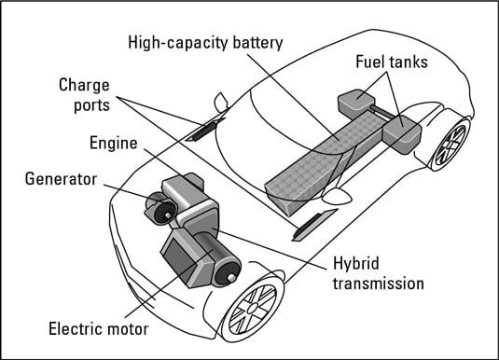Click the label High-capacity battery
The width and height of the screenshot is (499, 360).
click(205, 43)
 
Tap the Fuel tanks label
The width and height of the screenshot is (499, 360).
click(392, 62)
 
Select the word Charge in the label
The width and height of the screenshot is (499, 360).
click(84, 86)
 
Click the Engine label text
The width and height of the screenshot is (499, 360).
click(113, 143)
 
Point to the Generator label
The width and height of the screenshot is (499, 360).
click(61, 179)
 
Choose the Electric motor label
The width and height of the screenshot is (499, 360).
click(98, 329)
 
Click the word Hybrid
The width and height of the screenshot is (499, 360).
click(356, 264)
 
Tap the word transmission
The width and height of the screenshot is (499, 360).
click(379, 284)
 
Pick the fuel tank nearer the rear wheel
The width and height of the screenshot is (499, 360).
click(402, 134)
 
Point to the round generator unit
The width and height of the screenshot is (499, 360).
click(161, 209)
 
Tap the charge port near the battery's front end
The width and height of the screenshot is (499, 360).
click(313, 225)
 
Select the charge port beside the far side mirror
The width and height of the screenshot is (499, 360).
click(205, 129)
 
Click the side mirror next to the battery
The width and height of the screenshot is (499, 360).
click(337, 196)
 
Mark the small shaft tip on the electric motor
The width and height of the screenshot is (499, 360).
click(231, 278)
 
